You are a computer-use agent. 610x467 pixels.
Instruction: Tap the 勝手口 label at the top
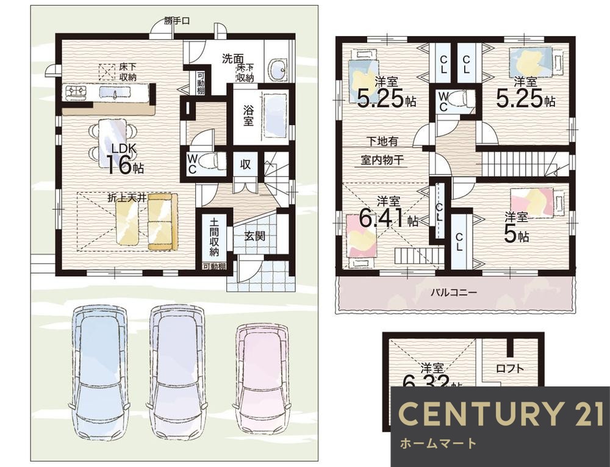[177, 21]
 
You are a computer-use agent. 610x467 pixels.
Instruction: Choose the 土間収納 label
[214, 236]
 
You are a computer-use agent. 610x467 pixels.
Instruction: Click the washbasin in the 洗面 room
[278, 70]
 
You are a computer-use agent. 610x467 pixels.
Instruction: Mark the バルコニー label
[454, 292]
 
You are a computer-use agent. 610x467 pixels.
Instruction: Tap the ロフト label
[509, 368]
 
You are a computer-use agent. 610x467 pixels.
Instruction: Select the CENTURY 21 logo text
[500, 414]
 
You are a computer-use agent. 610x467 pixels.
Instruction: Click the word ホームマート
[437, 443]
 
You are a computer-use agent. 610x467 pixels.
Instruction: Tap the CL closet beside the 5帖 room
[462, 237]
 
